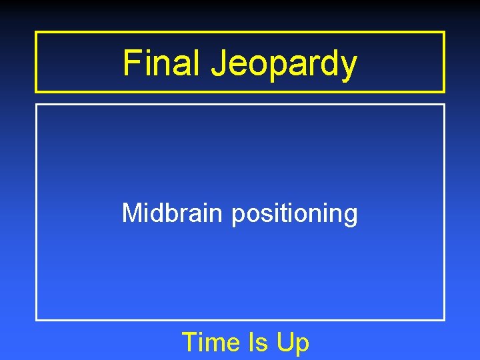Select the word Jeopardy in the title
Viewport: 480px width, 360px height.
pyautogui.click(x=284, y=65)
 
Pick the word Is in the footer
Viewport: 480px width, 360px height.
pyautogui.click(x=257, y=343)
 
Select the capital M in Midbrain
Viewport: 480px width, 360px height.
pyautogui.click(x=131, y=214)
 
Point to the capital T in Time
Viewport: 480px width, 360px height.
pyautogui.click(x=189, y=343)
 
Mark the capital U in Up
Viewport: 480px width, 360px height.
pyautogui.click(x=285, y=343)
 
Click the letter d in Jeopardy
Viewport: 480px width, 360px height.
pyautogui.click(x=327, y=63)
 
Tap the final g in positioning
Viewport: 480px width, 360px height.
pyautogui.click(x=351, y=217)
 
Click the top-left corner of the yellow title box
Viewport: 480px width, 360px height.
pyautogui.click(x=36, y=32)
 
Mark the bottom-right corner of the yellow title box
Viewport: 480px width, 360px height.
pyautogui.click(x=444, y=91)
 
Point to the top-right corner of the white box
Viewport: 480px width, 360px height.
pyautogui.click(x=444, y=105)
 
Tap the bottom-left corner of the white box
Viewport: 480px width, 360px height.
pyautogui.click(x=36, y=320)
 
